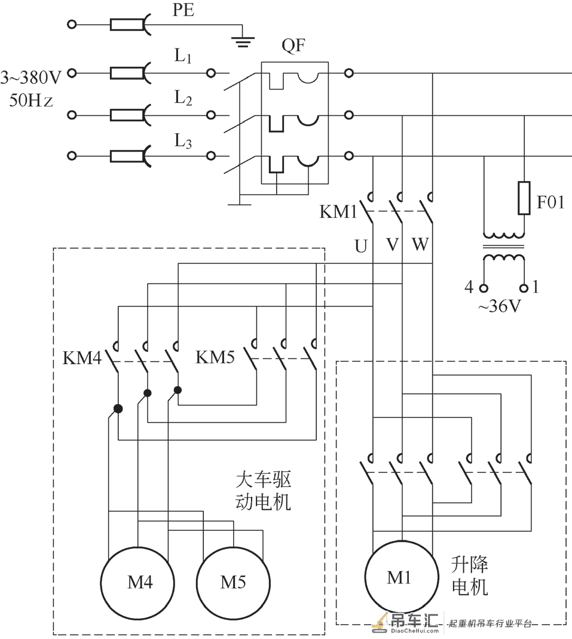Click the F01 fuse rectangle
[524, 198]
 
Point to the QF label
[293, 45]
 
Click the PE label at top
[183, 10]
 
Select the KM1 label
[338, 211]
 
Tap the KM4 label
[82, 358]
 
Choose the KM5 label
[215, 357]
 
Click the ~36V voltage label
[500, 306]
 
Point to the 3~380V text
[31, 77]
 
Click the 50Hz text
[31, 100]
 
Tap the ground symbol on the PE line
[243, 42]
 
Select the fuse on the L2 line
[127, 115]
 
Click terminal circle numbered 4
[484, 288]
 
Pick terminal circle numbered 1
[524, 288]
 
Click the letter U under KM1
[361, 246]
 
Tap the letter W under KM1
[420, 244]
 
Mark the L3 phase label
[183, 141]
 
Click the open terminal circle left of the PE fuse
[72, 24]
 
